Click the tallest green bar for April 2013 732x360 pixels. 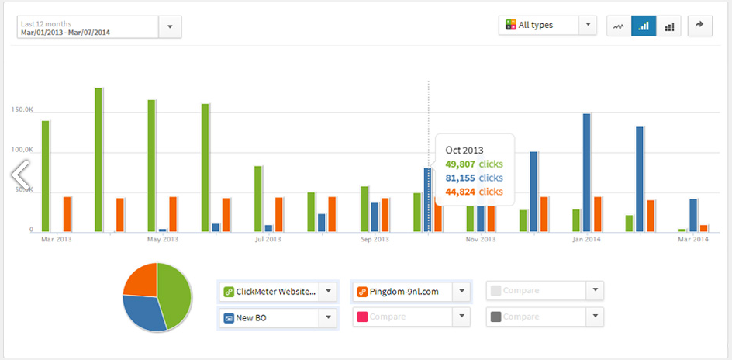click(98, 159)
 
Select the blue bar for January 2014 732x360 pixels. click(587, 172)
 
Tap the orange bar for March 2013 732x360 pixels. click(67, 213)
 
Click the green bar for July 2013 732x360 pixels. click(258, 199)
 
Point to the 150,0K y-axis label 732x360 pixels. click(22, 109)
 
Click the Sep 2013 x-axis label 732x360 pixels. click(375, 239)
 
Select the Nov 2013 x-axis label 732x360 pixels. click(481, 239)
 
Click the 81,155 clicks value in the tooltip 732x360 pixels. click(475, 178)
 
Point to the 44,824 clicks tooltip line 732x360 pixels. click(475, 192)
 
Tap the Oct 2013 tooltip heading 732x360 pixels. click(464, 150)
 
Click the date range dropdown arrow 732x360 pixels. click(170, 26)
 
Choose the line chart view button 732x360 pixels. click(618, 26)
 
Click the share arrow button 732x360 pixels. click(699, 26)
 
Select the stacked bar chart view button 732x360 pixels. click(669, 26)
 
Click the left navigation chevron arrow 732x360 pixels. click(20, 174)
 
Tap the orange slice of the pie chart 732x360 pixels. click(140, 280)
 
